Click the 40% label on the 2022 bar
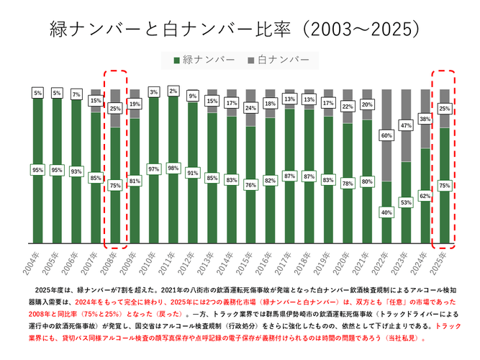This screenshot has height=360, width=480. coord(386,212)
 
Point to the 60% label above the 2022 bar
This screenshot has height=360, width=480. coord(386,135)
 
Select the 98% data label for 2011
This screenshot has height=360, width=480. coord(173,168)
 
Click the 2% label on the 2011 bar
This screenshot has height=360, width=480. coord(173,91)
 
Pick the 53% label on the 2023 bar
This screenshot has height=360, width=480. coord(406,203)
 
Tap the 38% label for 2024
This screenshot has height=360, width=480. coord(425,119)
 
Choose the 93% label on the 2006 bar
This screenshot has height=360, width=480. coord(76,171)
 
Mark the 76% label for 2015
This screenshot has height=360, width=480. coord(250,184)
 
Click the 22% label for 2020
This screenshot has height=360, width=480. coord(348,107)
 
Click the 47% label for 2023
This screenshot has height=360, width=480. coord(406,125)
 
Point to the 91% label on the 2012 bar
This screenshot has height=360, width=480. coord(192,173)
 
